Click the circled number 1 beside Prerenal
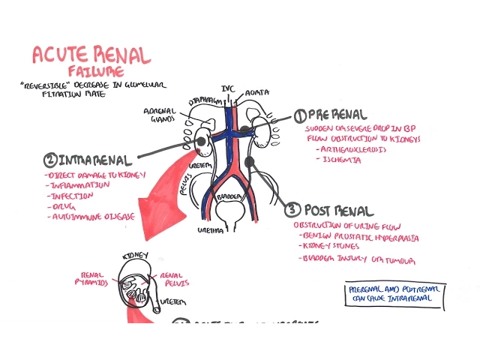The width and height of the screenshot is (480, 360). [x=299, y=115]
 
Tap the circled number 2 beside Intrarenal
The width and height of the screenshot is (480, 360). [x=50, y=159]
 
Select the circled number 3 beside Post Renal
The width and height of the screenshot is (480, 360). [x=292, y=210]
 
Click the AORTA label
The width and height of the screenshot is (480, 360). [x=258, y=93]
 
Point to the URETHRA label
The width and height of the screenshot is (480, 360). [x=211, y=230]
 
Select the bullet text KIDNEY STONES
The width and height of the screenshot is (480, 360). [x=331, y=246]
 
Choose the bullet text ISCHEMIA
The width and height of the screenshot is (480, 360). [x=337, y=160]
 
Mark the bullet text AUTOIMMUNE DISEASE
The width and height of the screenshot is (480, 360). [x=93, y=216]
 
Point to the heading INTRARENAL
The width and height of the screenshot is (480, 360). [x=96, y=160]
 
